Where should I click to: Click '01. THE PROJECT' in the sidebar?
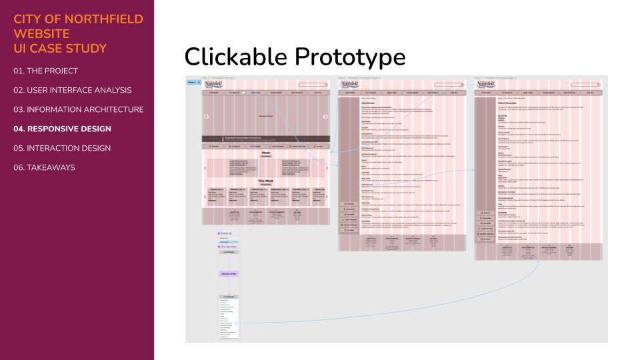coord(45,71)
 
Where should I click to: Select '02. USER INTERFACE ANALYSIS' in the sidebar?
coord(72,90)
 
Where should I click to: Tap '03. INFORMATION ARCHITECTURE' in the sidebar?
coord(78,109)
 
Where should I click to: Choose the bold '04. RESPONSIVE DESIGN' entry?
coord(62,129)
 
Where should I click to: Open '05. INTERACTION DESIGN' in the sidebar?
coord(62,148)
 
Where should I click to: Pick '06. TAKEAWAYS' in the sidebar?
coord(44,167)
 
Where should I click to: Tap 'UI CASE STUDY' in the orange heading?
coord(59,48)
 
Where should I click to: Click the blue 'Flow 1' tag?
coord(192,82)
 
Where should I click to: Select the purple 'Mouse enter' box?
coord(229,274)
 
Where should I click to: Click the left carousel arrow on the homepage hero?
coord(206,117)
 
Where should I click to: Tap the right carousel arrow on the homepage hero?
coord(325,117)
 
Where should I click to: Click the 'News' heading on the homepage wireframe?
coord(265,152)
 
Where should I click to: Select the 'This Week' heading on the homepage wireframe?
coord(265,181)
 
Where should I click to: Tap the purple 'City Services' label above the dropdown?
coord(231,247)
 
